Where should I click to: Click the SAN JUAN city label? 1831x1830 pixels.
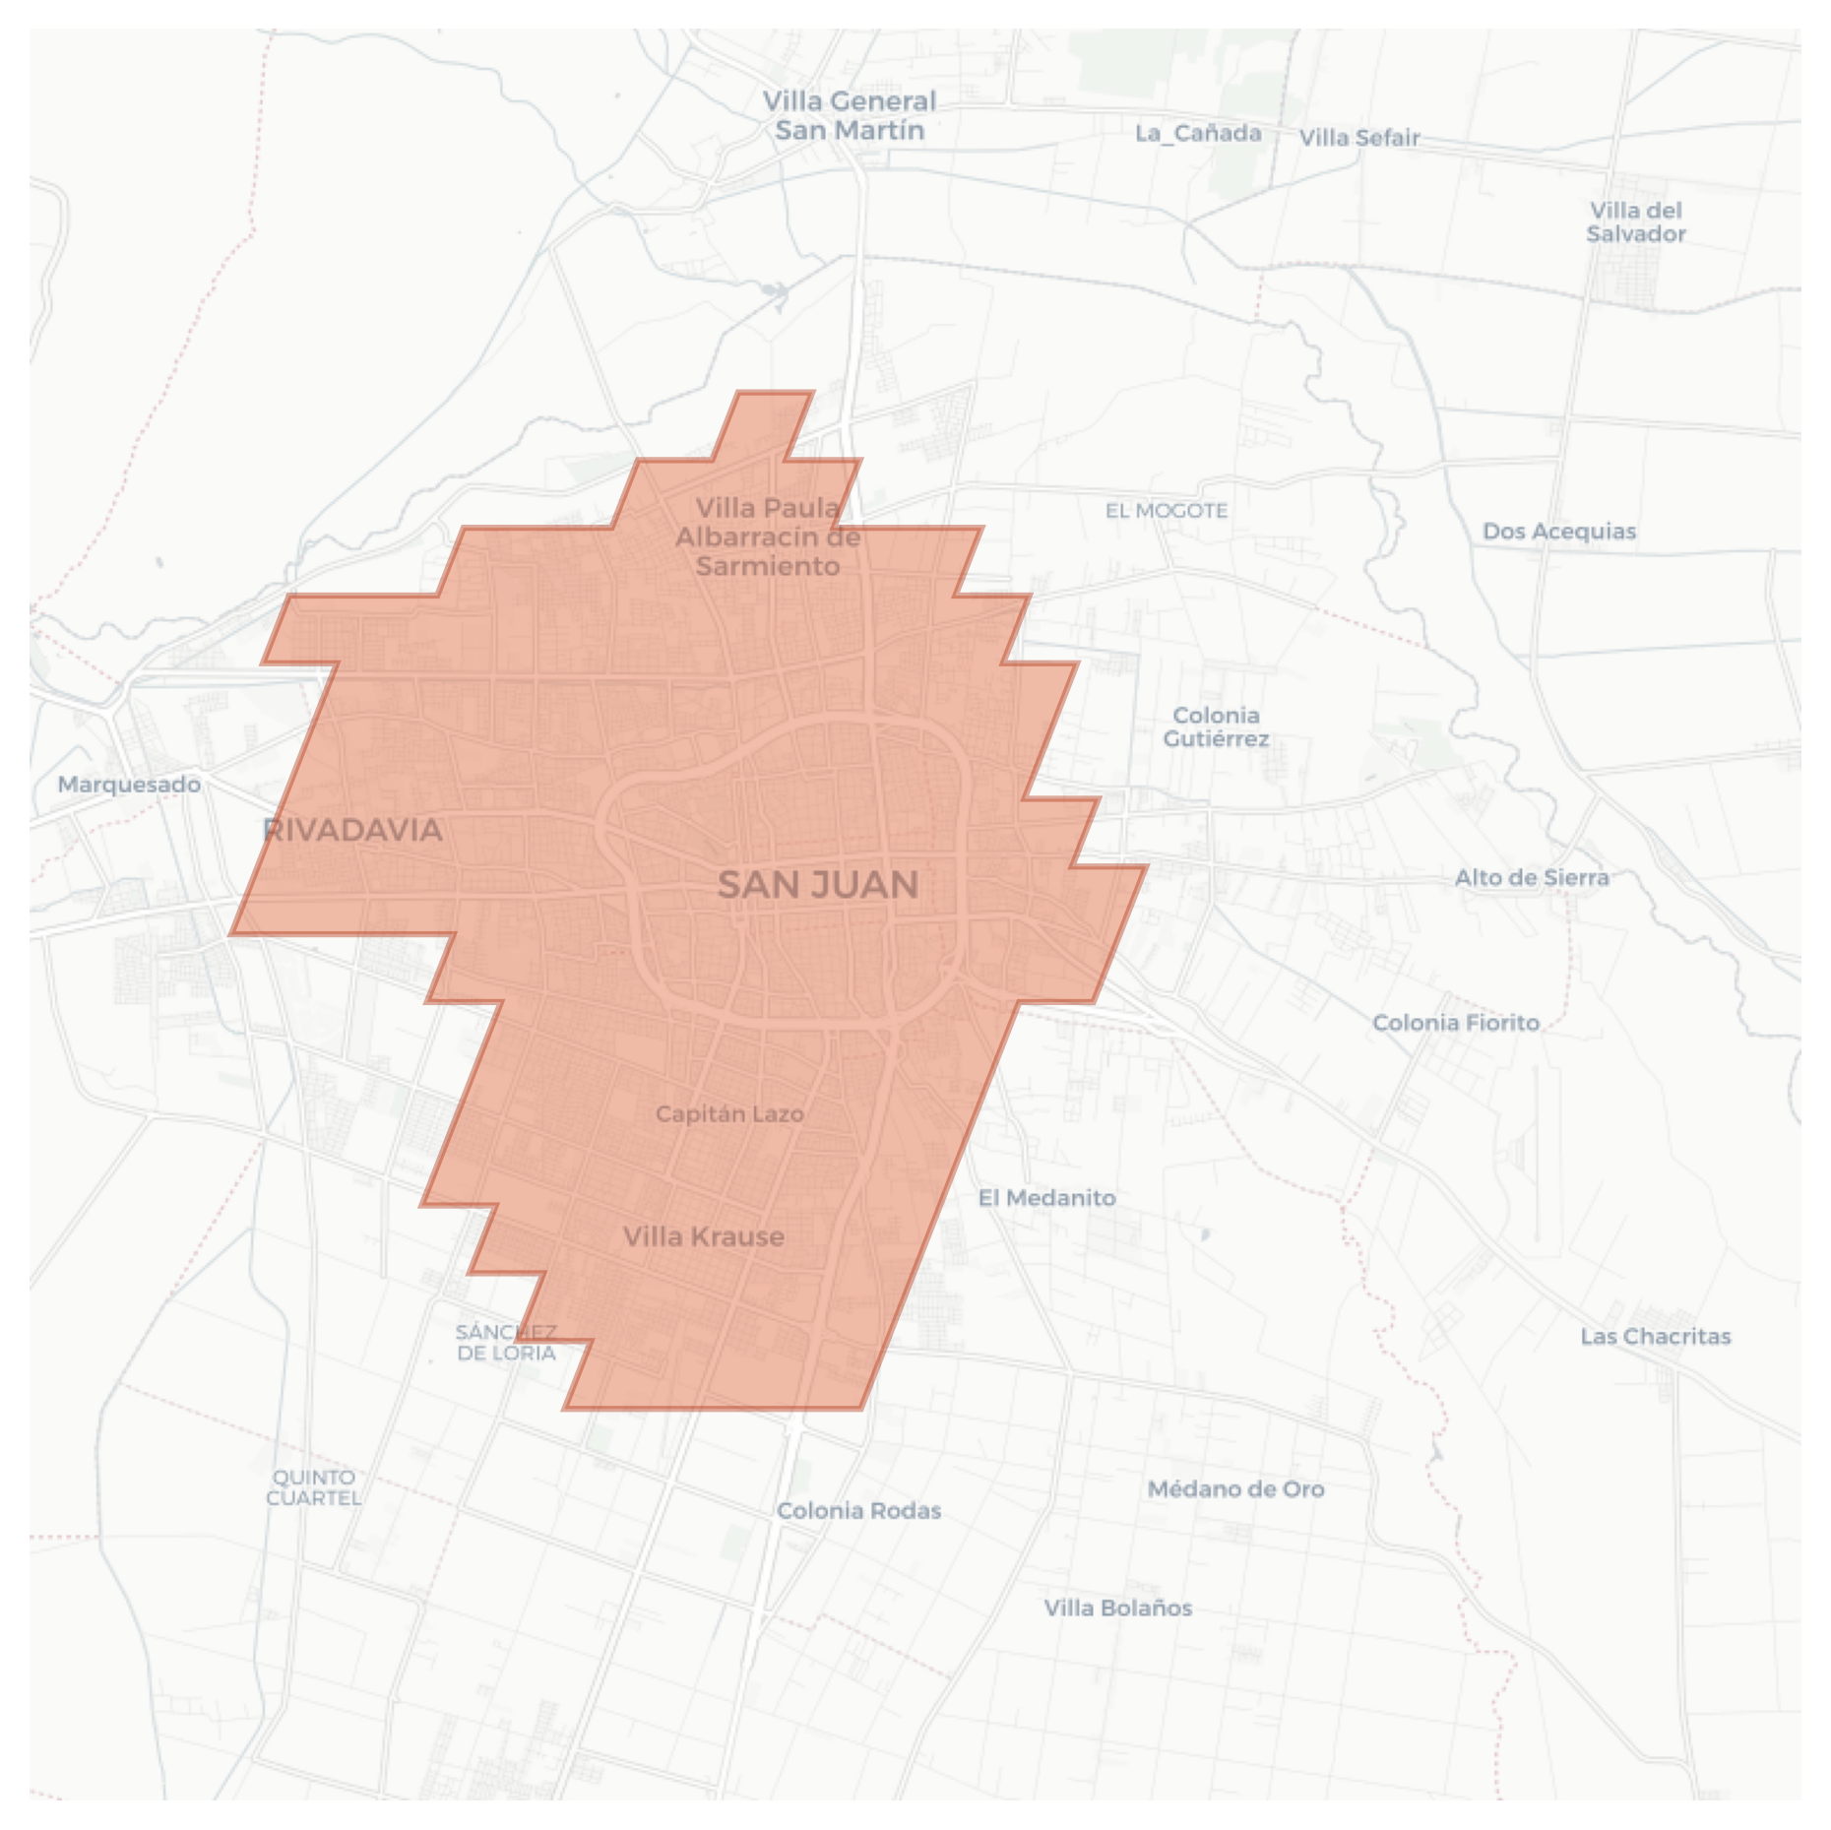818,885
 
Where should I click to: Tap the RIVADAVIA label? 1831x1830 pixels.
352,830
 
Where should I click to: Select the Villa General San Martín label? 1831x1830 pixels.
850,116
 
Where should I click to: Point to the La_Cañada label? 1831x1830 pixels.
1198,133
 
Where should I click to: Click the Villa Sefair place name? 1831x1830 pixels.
1359,138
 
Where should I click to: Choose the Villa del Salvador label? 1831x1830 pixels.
1636,222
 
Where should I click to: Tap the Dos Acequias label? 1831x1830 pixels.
1559,532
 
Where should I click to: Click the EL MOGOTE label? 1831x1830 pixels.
1167,511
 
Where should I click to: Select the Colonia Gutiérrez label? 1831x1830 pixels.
1216,727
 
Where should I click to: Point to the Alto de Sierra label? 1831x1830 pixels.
1532,877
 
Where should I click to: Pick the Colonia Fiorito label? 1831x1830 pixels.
1456,1023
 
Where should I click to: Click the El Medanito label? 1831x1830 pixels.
1047,1198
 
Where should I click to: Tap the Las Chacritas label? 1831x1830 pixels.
1656,1337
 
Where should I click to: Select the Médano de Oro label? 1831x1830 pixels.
1236,1489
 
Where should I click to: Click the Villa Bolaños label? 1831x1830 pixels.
1118,1609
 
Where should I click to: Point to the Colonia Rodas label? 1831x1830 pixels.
859,1511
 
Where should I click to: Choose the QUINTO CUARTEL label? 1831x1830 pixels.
314,1487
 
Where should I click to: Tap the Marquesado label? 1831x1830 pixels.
129,785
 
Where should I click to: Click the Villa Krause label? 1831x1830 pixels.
704,1237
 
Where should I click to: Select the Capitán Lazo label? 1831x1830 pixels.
729,1114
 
